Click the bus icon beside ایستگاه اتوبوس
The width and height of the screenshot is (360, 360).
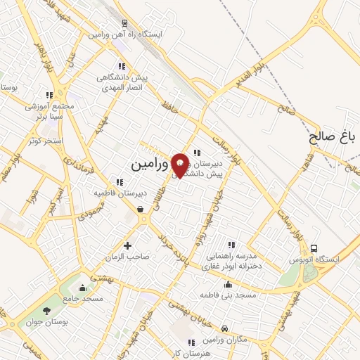314,248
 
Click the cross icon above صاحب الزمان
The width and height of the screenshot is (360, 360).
127,245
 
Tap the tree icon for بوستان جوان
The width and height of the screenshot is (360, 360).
47,311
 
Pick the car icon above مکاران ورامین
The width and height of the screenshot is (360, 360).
224,328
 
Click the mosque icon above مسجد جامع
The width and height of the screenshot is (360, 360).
84,287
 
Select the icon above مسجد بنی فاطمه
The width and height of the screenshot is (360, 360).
227,285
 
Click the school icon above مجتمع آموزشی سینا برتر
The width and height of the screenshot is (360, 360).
49,95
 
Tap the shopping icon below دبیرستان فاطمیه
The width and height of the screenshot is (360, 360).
141,209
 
